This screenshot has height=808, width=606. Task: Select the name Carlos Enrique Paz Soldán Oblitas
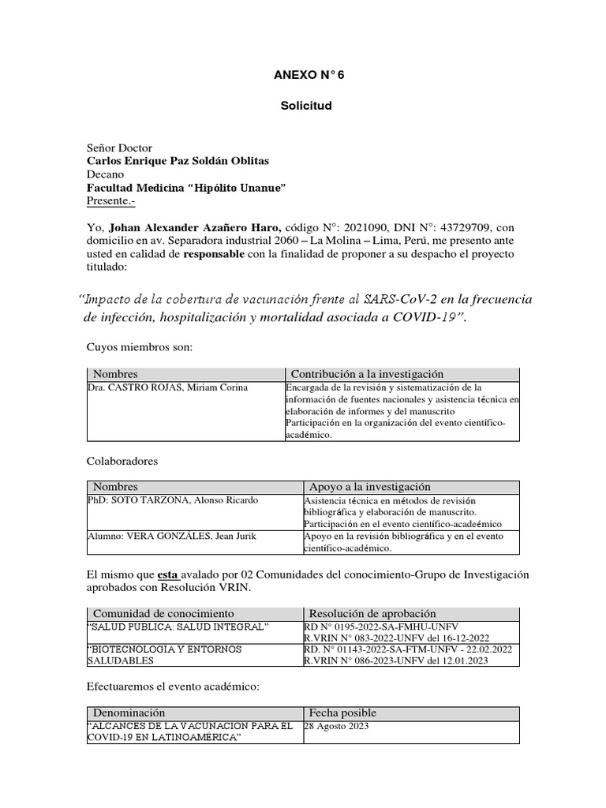pyautogui.click(x=177, y=161)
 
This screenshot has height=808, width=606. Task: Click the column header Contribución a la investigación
pyautogui.click(x=367, y=373)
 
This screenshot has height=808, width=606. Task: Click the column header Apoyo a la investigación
pyautogui.click(x=369, y=487)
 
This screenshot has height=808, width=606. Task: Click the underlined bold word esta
pyautogui.click(x=167, y=574)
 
